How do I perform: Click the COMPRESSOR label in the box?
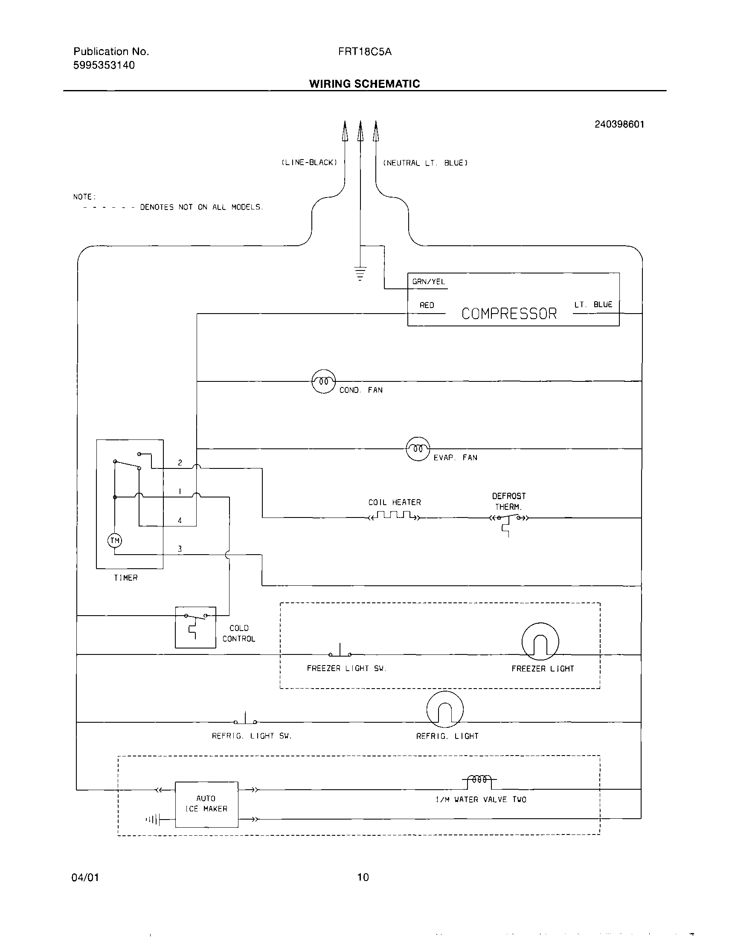[509, 314]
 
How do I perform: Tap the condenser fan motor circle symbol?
[323, 381]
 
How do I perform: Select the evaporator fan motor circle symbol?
[418, 449]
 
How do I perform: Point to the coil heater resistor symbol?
[394, 516]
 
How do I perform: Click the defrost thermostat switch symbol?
[508, 519]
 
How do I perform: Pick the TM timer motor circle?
[115, 541]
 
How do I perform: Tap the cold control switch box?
[195, 627]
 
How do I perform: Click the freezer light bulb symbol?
[540, 641]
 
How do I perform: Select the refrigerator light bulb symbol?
[445, 709]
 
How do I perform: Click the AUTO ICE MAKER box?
[206, 804]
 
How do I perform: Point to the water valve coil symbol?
[479, 779]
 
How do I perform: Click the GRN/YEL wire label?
[428, 282]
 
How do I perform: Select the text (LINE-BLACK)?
[309, 163]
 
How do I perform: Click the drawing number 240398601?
[619, 124]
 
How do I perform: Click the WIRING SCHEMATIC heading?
[364, 84]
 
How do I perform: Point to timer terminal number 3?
[180, 549]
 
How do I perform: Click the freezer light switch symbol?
[340, 651]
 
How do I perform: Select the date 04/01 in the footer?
[85, 877]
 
